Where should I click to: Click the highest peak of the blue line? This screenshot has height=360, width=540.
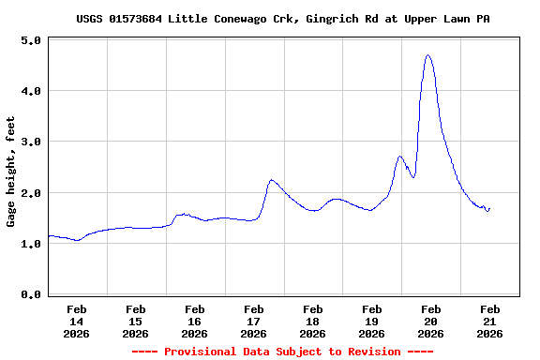click(x=428, y=55)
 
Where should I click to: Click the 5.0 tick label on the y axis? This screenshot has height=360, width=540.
click(x=30, y=41)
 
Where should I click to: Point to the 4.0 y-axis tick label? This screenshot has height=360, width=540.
click(x=30, y=92)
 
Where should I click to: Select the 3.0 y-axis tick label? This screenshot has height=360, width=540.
click(x=30, y=142)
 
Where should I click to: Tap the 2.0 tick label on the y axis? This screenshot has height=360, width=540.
click(x=30, y=193)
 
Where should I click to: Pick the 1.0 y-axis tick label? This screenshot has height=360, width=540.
click(x=30, y=244)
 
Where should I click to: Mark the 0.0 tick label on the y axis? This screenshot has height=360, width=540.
click(x=30, y=295)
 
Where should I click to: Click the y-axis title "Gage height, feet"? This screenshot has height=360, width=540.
click(x=11, y=172)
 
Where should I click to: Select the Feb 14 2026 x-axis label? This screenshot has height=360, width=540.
click(x=77, y=321)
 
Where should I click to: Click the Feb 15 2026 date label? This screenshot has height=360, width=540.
click(x=136, y=321)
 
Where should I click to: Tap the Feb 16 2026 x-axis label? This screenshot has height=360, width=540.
click(x=195, y=321)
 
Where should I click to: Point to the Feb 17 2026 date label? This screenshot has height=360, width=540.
click(x=254, y=321)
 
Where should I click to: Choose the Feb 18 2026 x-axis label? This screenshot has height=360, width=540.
click(x=313, y=321)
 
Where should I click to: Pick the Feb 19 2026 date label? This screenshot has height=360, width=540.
click(x=372, y=321)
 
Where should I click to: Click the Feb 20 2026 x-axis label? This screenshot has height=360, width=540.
click(x=431, y=321)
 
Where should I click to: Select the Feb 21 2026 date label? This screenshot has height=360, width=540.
click(x=490, y=321)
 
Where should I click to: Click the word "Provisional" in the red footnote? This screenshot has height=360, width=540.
click(x=197, y=352)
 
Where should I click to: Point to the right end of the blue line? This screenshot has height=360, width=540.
click(x=489, y=208)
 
